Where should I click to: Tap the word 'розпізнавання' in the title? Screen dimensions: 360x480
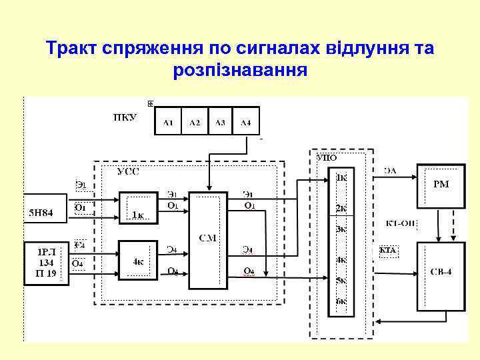tap(240, 69)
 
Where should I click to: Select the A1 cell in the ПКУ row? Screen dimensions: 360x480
tap(168, 121)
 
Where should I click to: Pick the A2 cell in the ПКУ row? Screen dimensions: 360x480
tap(194, 121)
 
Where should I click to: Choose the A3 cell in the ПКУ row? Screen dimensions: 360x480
tap(220, 121)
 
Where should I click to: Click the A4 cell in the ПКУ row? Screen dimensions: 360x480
tap(245, 121)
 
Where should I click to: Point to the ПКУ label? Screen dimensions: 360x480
tap(125, 117)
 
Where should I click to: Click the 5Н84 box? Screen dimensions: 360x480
tap(46, 214)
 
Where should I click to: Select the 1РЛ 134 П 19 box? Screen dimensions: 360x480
tap(47, 263)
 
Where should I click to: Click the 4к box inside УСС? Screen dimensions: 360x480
tap(138, 261)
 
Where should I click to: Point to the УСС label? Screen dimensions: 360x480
tap(128, 171)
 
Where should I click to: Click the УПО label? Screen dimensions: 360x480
tap(327, 158)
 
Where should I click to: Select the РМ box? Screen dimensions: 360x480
tap(441, 185)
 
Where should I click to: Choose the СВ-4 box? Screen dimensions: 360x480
tap(441, 275)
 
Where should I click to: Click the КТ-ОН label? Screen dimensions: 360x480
tap(400, 223)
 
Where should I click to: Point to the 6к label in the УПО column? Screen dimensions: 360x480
tap(341, 301)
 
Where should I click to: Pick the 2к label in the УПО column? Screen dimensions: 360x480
tap(341, 208)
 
